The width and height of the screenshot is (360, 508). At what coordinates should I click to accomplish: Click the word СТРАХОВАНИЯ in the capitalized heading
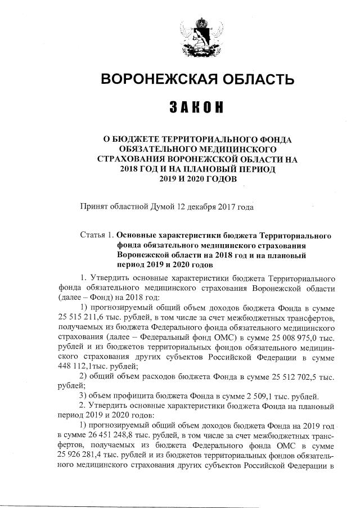coord(133,159)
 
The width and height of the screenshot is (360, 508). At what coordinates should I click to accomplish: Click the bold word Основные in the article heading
coord(138,233)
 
